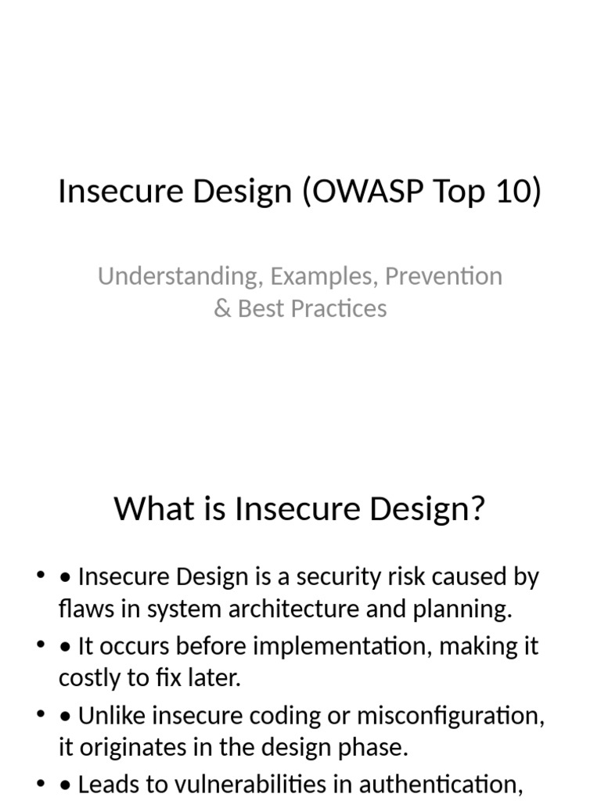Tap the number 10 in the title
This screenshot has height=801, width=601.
coord(513,192)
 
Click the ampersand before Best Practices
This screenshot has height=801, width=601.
coord(222,308)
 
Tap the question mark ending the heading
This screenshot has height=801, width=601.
coord(477,509)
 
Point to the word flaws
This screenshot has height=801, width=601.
coord(84,609)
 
